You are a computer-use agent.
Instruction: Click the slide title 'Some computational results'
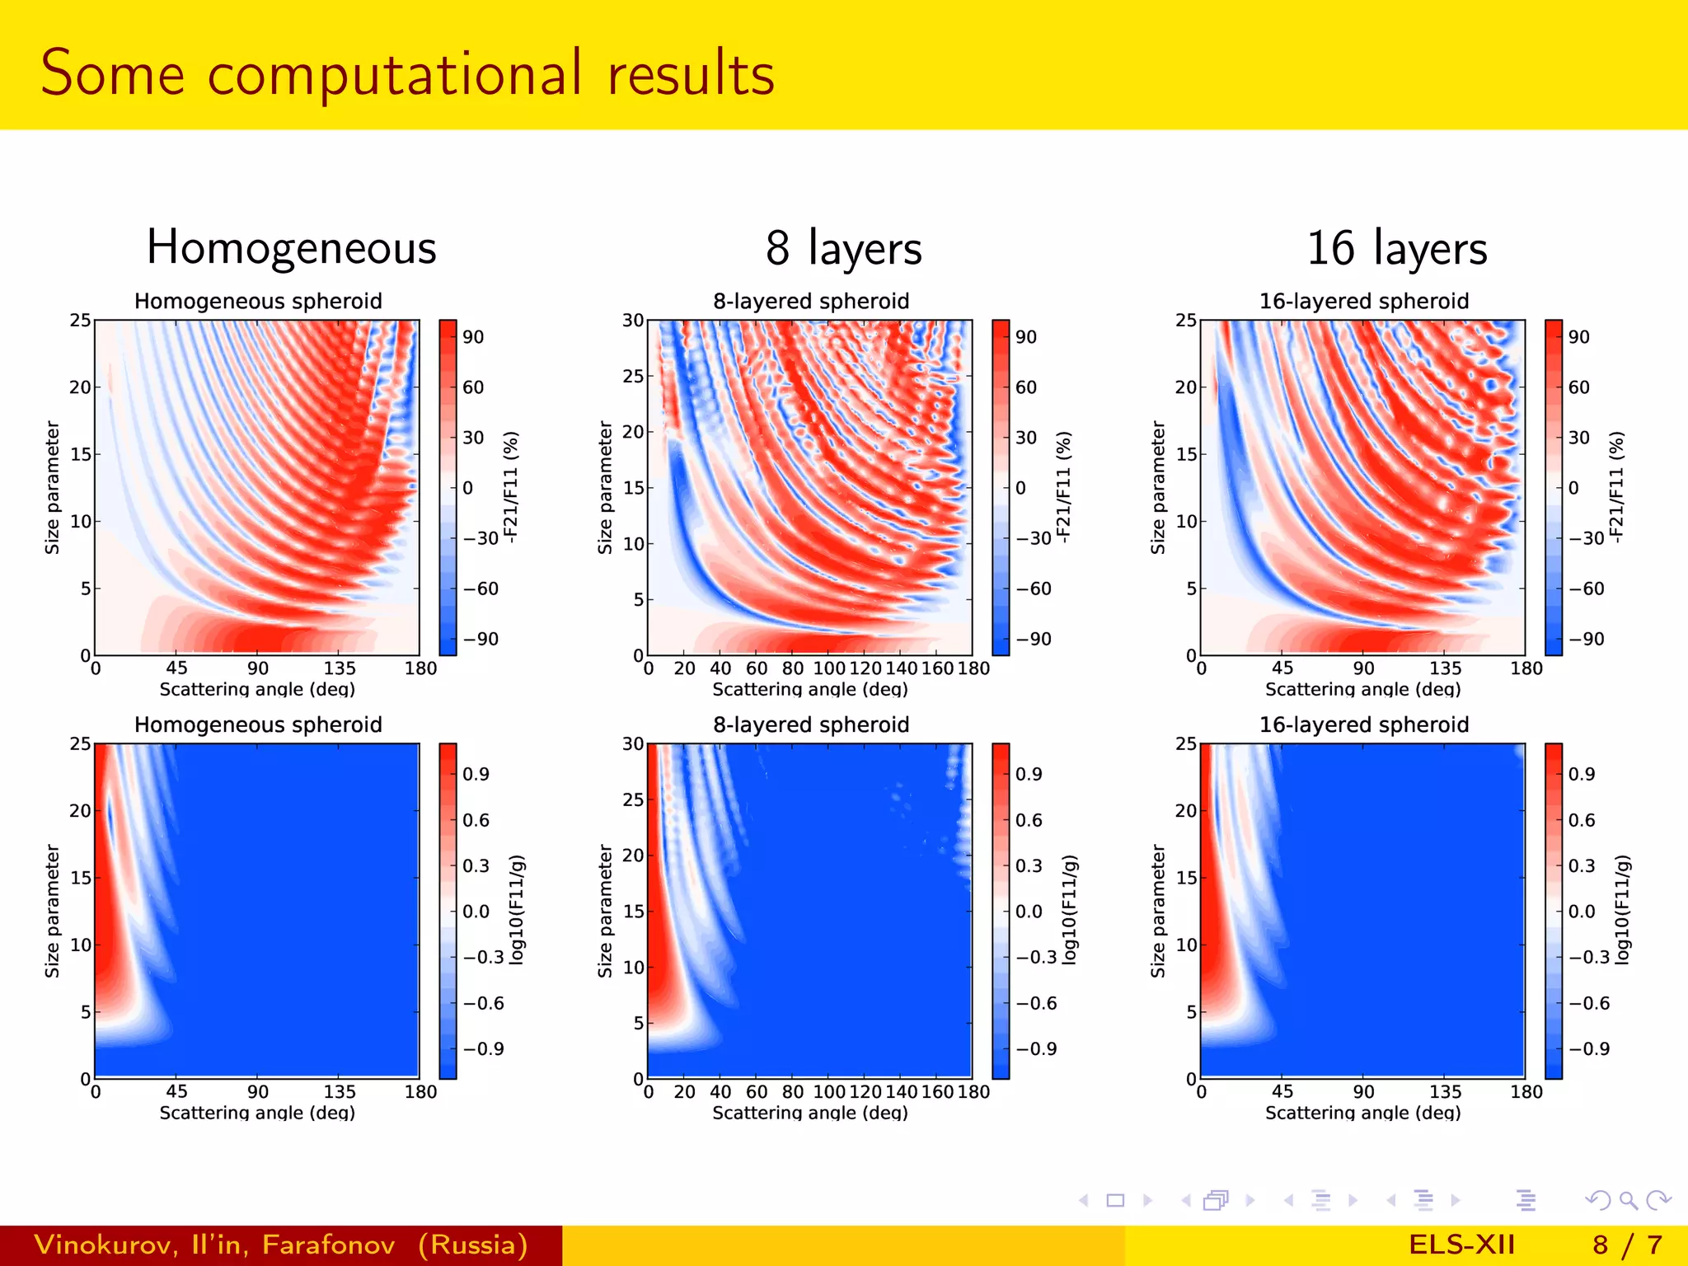(407, 74)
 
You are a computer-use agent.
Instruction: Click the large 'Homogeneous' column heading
(291, 247)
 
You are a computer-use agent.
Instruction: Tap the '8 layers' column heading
(843, 247)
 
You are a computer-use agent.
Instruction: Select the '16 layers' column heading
(1396, 247)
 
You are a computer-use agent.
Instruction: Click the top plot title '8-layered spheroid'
(811, 301)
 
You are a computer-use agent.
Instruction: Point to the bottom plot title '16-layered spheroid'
(1363, 724)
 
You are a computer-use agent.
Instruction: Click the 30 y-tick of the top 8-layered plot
(632, 320)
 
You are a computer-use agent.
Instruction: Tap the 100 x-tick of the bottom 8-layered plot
(828, 1091)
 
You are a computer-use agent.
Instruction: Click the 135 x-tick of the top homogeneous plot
(339, 668)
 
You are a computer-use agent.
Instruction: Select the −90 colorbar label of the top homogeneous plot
(481, 639)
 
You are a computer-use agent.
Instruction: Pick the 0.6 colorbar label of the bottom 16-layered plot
(1581, 820)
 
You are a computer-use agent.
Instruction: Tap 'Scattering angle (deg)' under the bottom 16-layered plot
(1362, 1113)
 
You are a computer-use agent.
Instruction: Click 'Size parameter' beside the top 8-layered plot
(605, 487)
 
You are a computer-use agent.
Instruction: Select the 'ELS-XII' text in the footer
(1461, 1245)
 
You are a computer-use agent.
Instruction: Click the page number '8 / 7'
(1627, 1245)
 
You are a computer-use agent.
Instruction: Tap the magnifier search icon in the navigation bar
(1628, 1200)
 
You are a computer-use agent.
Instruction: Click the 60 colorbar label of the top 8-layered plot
(1025, 387)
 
